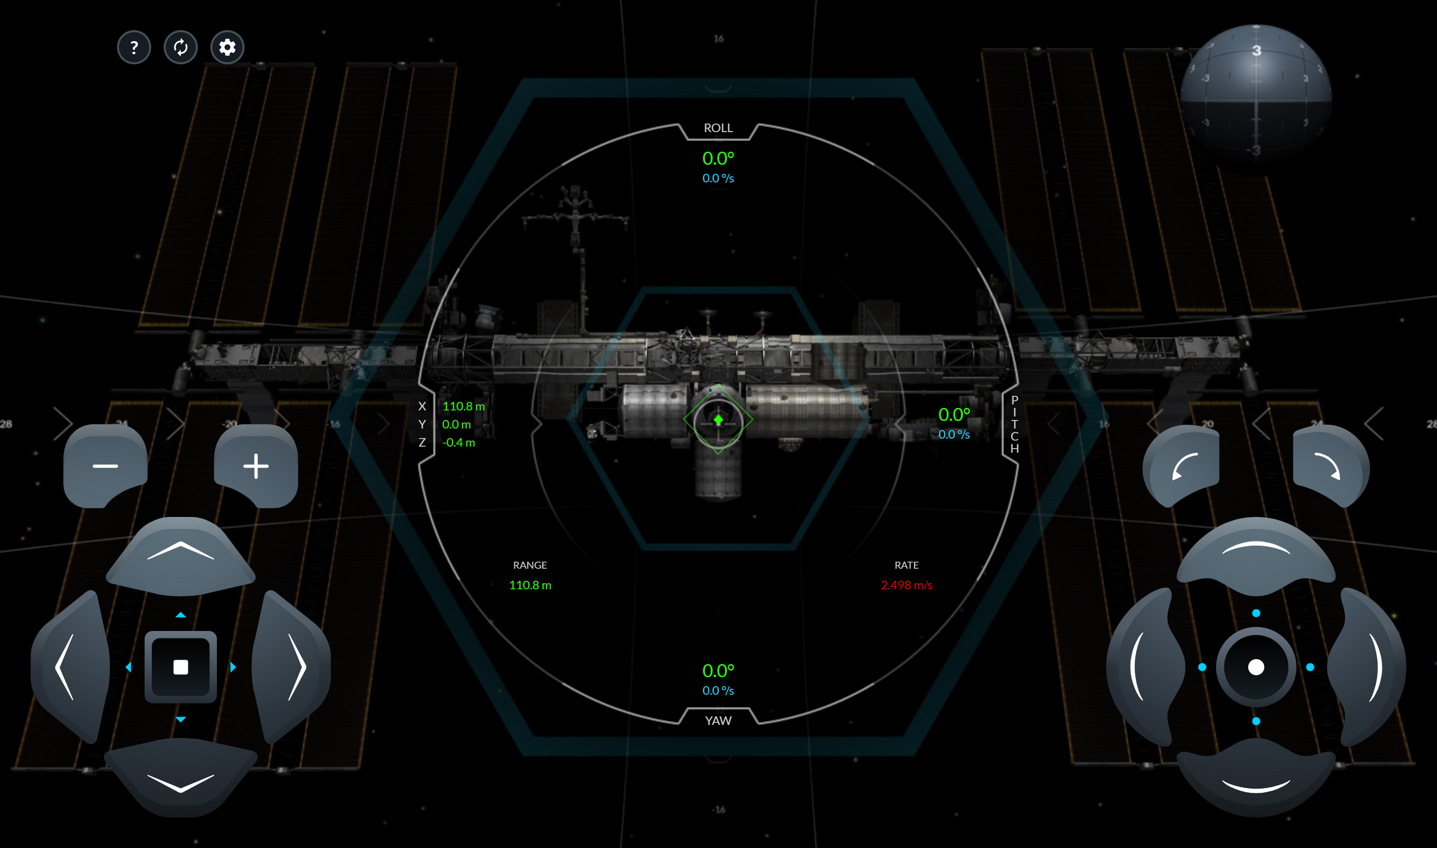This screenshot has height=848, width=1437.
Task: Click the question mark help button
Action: click(x=134, y=47)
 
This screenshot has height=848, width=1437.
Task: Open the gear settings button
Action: click(x=227, y=47)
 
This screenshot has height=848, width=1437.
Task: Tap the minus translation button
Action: click(x=105, y=466)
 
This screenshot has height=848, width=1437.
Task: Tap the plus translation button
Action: click(x=256, y=466)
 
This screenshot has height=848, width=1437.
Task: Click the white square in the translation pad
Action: click(x=180, y=667)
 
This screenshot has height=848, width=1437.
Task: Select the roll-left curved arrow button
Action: click(x=1183, y=466)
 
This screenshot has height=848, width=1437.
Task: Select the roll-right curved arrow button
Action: click(x=1329, y=466)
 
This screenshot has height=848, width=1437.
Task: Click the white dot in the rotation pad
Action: click(x=1256, y=667)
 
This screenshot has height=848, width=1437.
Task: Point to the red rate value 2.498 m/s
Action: click(x=906, y=585)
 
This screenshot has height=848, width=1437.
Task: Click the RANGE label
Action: click(x=530, y=565)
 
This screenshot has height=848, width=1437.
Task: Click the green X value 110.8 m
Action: click(x=463, y=406)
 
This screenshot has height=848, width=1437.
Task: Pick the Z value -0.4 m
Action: click(x=458, y=442)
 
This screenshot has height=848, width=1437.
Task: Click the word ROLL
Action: click(x=718, y=128)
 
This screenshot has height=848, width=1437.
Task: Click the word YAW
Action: click(x=718, y=720)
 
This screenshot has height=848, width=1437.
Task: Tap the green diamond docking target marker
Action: click(x=718, y=420)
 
